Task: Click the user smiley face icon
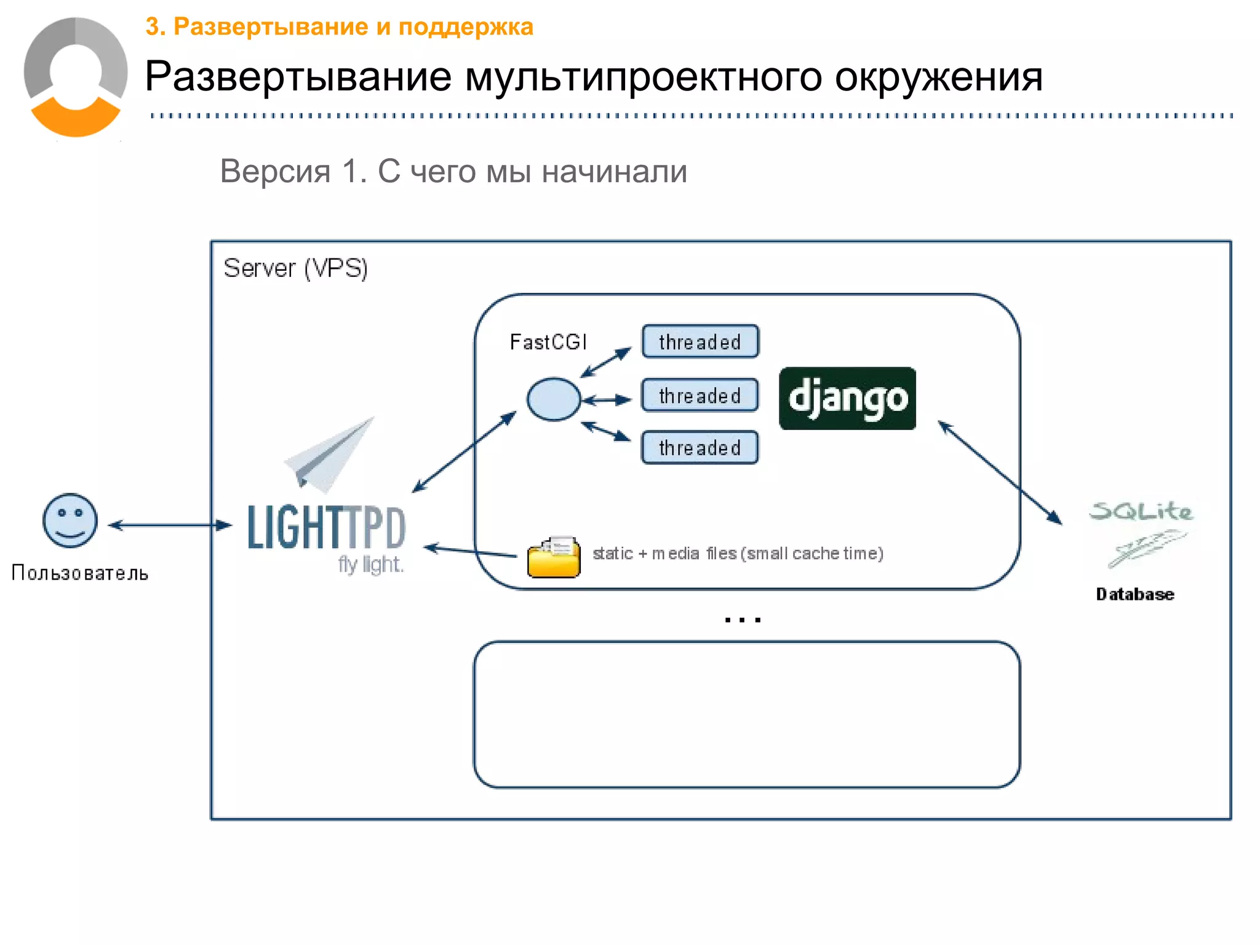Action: pyautogui.click(x=70, y=520)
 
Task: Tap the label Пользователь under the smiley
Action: pyautogui.click(x=80, y=573)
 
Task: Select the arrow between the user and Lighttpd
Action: pyautogui.click(x=170, y=525)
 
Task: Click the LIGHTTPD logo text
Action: pyautogui.click(x=326, y=528)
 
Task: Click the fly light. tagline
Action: pyautogui.click(x=370, y=564)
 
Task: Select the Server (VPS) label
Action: pyautogui.click(x=295, y=269)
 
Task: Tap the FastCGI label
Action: pyautogui.click(x=548, y=342)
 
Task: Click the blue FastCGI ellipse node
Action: pyautogui.click(x=553, y=399)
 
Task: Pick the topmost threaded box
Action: pyautogui.click(x=700, y=341)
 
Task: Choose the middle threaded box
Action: pyautogui.click(x=700, y=396)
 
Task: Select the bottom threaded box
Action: pyautogui.click(x=700, y=448)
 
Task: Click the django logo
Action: pyautogui.click(x=847, y=399)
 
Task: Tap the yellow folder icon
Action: pyautogui.click(x=554, y=557)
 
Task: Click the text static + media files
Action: pyautogui.click(x=737, y=554)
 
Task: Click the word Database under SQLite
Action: pyautogui.click(x=1134, y=594)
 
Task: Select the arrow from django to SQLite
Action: pyautogui.click(x=1000, y=472)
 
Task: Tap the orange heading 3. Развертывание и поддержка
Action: pyautogui.click(x=339, y=27)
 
